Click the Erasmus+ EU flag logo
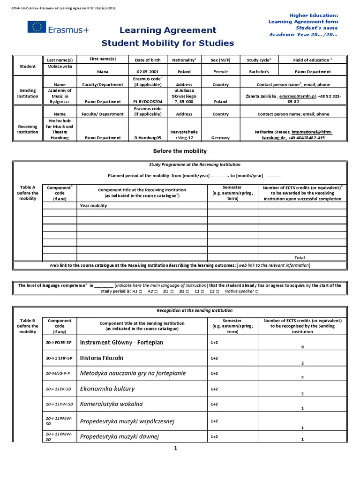[x=36, y=28]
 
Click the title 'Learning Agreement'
[x=168, y=30]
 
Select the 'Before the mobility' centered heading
[x=180, y=151]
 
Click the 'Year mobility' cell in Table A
[x=94, y=205]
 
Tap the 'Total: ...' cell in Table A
[x=302, y=257]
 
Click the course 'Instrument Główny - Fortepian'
[x=122, y=342]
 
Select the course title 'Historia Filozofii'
[x=104, y=358]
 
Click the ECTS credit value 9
[x=302, y=347]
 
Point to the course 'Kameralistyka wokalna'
[x=112, y=404]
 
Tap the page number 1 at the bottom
[x=176, y=448]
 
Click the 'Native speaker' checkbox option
[x=241, y=291]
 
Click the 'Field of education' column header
[x=312, y=60]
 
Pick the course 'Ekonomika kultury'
[x=107, y=389]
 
